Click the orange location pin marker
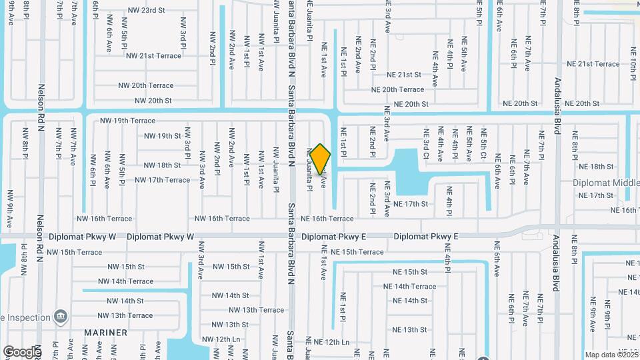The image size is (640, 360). coord(320,160)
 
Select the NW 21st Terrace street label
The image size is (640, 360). coord(153,55)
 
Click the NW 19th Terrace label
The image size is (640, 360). coord(127,121)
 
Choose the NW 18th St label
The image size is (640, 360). coord(163,165)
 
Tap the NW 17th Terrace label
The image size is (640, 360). coord(162,180)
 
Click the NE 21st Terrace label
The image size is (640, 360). coord(593,64)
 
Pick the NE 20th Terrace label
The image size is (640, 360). coord(397,89)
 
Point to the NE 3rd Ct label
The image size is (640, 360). coord(425,145)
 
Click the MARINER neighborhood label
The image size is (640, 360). coord(106,332)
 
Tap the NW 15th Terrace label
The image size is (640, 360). coord(75,252)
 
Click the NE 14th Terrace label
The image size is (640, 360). coord(414,287)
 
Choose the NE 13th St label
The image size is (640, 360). coord(409,330)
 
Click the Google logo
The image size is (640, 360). coord(22,351)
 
